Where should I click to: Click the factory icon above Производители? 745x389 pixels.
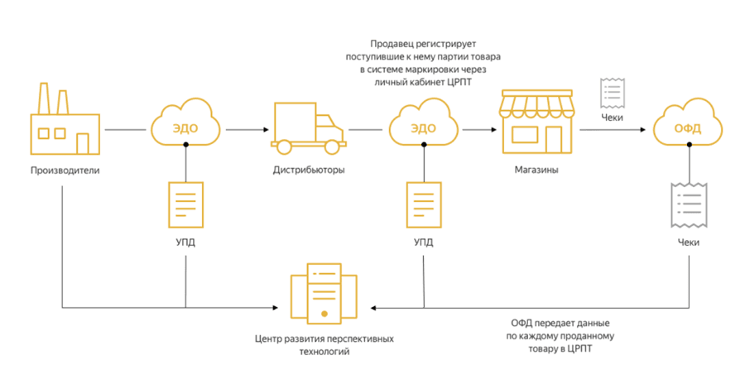65,122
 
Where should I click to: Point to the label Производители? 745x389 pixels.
64,170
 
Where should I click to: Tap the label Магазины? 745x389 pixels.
536,170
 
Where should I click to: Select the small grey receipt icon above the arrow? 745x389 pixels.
613,91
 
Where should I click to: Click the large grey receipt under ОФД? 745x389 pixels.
687,205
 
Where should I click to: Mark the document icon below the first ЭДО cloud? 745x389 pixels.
185,206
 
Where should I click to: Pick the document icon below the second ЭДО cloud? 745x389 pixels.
423,206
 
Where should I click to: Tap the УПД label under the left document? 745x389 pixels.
185,243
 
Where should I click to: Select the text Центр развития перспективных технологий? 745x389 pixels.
324,346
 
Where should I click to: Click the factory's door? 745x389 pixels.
83,143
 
